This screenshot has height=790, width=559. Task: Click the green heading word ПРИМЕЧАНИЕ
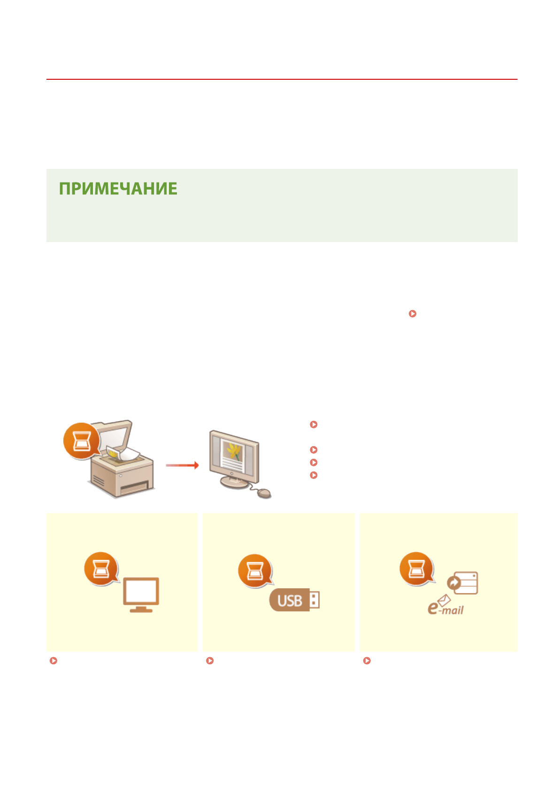point(118,189)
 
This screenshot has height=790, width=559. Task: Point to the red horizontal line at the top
point(282,79)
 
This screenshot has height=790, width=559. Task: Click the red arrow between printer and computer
point(183,465)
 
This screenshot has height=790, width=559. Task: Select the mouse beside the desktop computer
point(264,493)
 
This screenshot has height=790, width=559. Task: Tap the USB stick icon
point(294,600)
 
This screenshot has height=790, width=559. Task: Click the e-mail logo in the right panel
point(445,607)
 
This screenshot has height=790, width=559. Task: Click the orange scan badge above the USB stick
point(255,571)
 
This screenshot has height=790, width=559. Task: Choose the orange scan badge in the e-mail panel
point(416,569)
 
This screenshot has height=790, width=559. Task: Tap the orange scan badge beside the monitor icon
point(101,569)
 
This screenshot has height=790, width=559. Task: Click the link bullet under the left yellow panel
point(54,661)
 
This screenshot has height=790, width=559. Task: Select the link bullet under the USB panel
point(210,661)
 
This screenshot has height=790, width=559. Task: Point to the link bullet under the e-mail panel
point(367,661)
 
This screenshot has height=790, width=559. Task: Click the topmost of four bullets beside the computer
point(314,425)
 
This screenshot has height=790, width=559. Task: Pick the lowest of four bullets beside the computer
point(314,475)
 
